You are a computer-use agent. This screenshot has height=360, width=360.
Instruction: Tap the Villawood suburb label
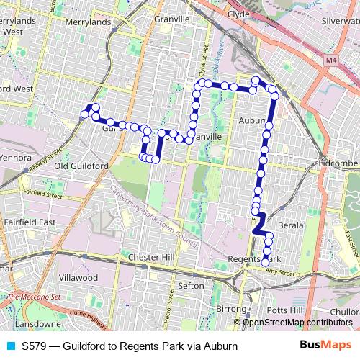tap(78, 277)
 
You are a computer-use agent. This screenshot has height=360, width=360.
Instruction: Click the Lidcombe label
tap(338, 164)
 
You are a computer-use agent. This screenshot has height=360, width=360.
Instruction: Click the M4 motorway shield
tap(330, 62)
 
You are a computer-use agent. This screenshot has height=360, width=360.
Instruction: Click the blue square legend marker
tap(9, 346)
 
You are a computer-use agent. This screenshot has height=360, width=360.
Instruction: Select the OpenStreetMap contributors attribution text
tap(298, 322)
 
